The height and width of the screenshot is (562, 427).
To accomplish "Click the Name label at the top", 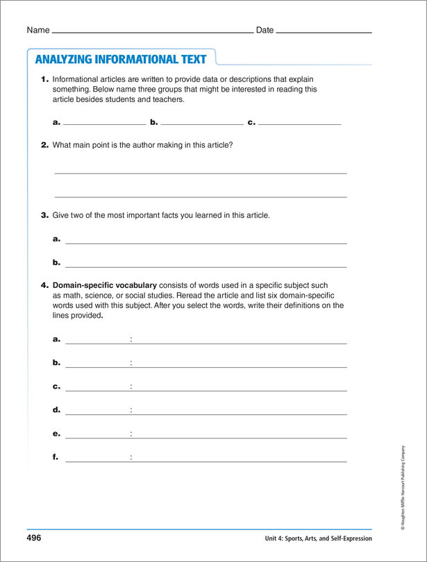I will [38, 31].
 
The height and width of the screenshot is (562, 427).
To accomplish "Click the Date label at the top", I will [265, 31].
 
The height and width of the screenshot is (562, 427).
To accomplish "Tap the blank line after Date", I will [324, 33].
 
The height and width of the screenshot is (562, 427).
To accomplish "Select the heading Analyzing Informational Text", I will [121, 59].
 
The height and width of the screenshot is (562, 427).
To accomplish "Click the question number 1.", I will [44, 79].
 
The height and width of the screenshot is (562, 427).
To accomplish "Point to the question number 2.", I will [44, 145].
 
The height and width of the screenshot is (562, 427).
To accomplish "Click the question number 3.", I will [44, 215].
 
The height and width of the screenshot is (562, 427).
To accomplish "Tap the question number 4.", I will [44, 285].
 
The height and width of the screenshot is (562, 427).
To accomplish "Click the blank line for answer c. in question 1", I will [299, 124].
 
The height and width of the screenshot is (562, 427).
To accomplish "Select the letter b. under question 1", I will [154, 122].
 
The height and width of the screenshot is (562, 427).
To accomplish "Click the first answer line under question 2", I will [201, 173].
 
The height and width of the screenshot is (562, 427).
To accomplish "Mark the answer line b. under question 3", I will [206, 266].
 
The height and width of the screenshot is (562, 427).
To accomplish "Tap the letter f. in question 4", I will [56, 457].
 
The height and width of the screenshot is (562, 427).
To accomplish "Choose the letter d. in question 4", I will [56, 410].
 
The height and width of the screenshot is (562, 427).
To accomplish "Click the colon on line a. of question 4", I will [131, 340].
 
